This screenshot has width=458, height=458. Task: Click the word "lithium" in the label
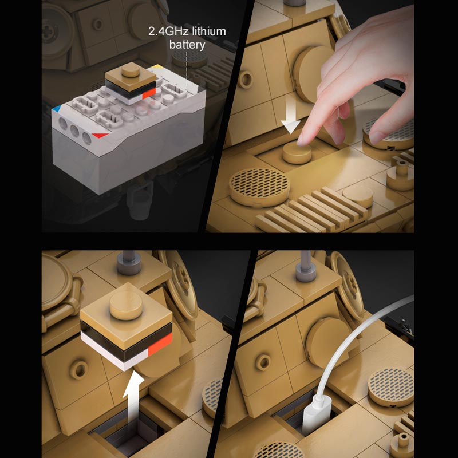point(208,31)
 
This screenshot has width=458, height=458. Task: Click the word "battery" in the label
point(187,45)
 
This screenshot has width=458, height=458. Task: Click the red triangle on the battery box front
point(100,135)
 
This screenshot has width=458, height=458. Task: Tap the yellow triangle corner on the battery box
point(155,68)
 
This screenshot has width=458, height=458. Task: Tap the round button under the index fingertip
point(297,152)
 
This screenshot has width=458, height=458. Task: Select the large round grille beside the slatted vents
point(259,187)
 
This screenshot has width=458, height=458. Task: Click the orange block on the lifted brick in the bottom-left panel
point(160,344)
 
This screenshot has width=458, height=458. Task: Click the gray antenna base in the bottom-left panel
point(129,264)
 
